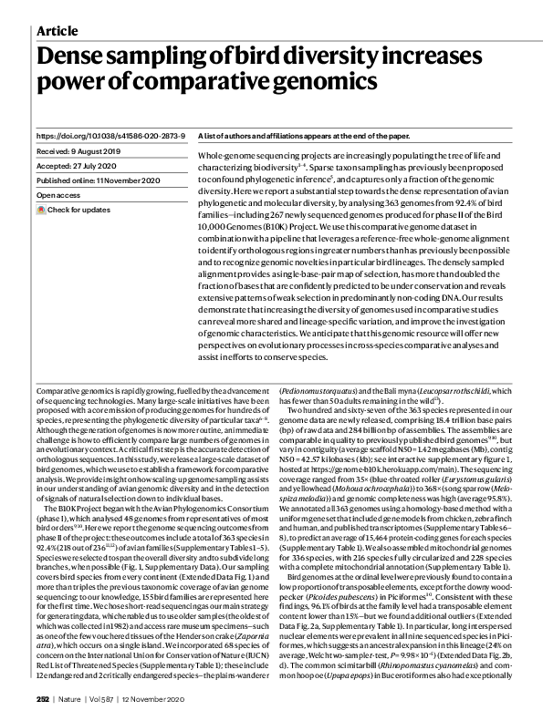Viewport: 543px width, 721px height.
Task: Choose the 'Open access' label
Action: click(59, 195)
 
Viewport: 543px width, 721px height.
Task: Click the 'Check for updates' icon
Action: click(41, 210)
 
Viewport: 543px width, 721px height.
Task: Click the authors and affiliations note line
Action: click(305, 135)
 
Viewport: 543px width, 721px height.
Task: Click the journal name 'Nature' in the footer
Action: click(75, 698)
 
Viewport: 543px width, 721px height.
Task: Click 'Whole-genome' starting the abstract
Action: click(223, 158)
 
